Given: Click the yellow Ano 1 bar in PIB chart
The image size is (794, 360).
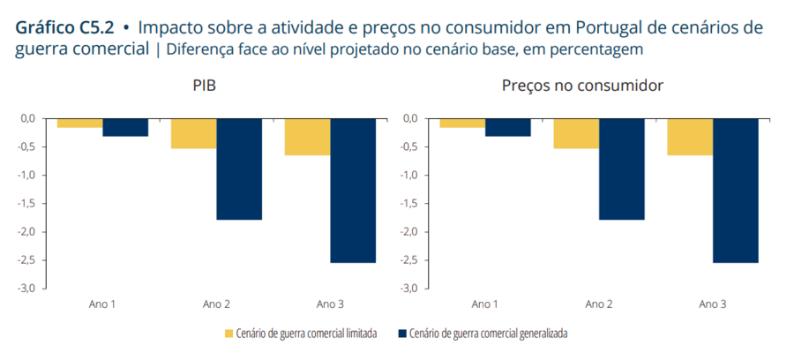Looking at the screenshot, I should coord(79,123).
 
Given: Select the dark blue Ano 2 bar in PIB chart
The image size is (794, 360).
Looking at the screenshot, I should coord(239,169).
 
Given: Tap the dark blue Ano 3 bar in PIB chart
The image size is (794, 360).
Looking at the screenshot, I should coord(353,190).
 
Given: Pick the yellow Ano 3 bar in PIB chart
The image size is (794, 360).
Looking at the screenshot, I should coord(307,137).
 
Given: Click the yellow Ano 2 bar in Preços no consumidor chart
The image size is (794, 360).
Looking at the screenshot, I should coord(575,133).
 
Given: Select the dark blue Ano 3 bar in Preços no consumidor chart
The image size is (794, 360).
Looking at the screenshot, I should coord(736,190).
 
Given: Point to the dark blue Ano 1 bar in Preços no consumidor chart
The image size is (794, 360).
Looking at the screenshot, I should coord(507,127).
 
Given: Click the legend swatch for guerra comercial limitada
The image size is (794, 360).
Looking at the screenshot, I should coord(229,334).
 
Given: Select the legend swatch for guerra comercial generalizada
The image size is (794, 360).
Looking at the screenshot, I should coord(402,334).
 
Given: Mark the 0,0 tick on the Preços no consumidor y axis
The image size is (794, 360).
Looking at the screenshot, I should coord(410,118).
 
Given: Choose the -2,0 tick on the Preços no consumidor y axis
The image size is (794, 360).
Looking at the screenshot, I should coord(408,232).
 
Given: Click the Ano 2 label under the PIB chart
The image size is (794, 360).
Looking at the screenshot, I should coord(216,304).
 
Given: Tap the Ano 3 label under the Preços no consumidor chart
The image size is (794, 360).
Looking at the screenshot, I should coord(713,304).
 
